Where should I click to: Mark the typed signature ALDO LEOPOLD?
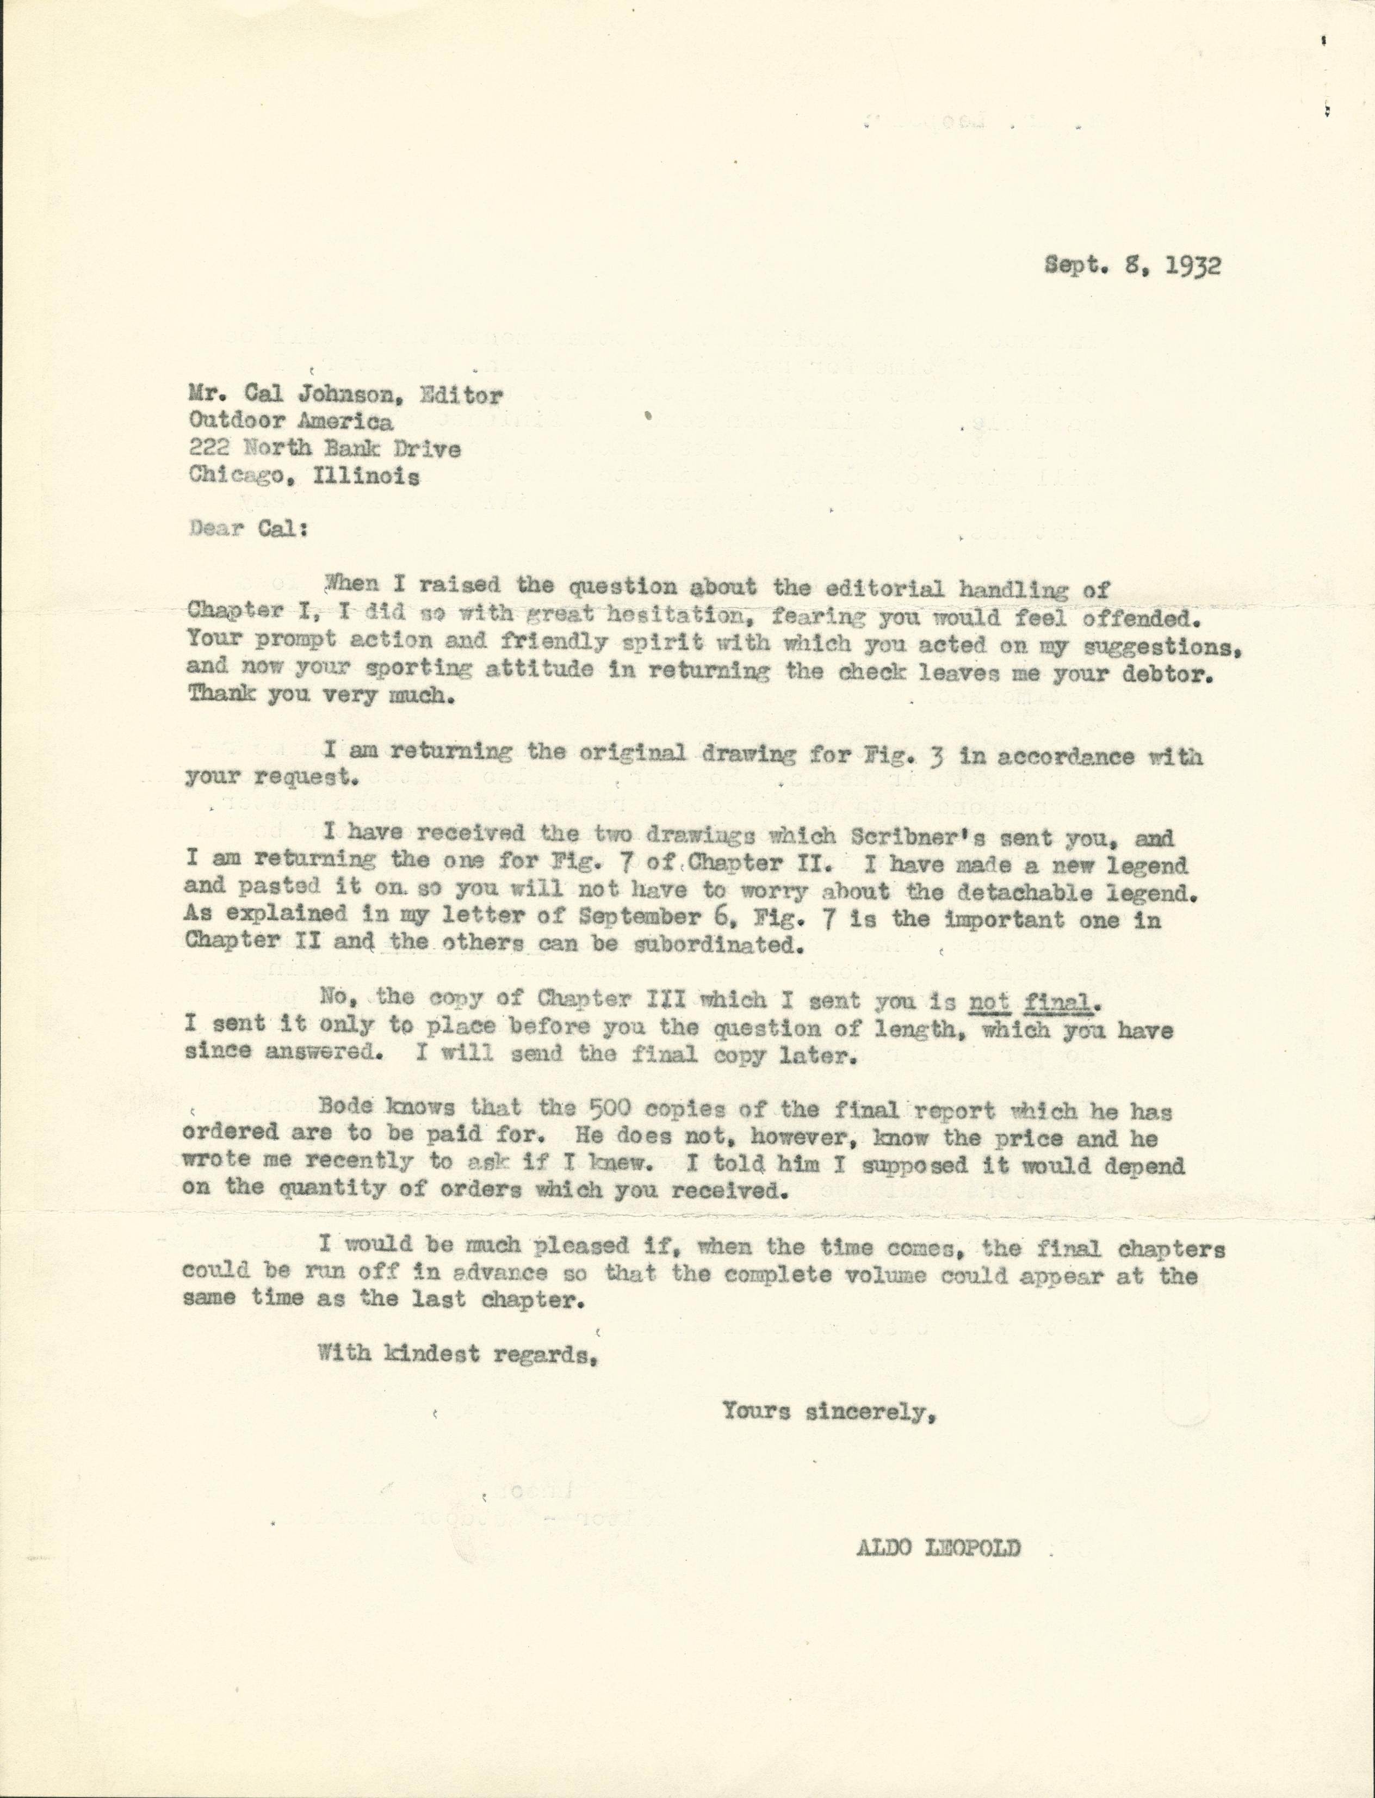(937, 1548)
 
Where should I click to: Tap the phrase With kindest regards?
(455, 1354)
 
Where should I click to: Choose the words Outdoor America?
(290, 422)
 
